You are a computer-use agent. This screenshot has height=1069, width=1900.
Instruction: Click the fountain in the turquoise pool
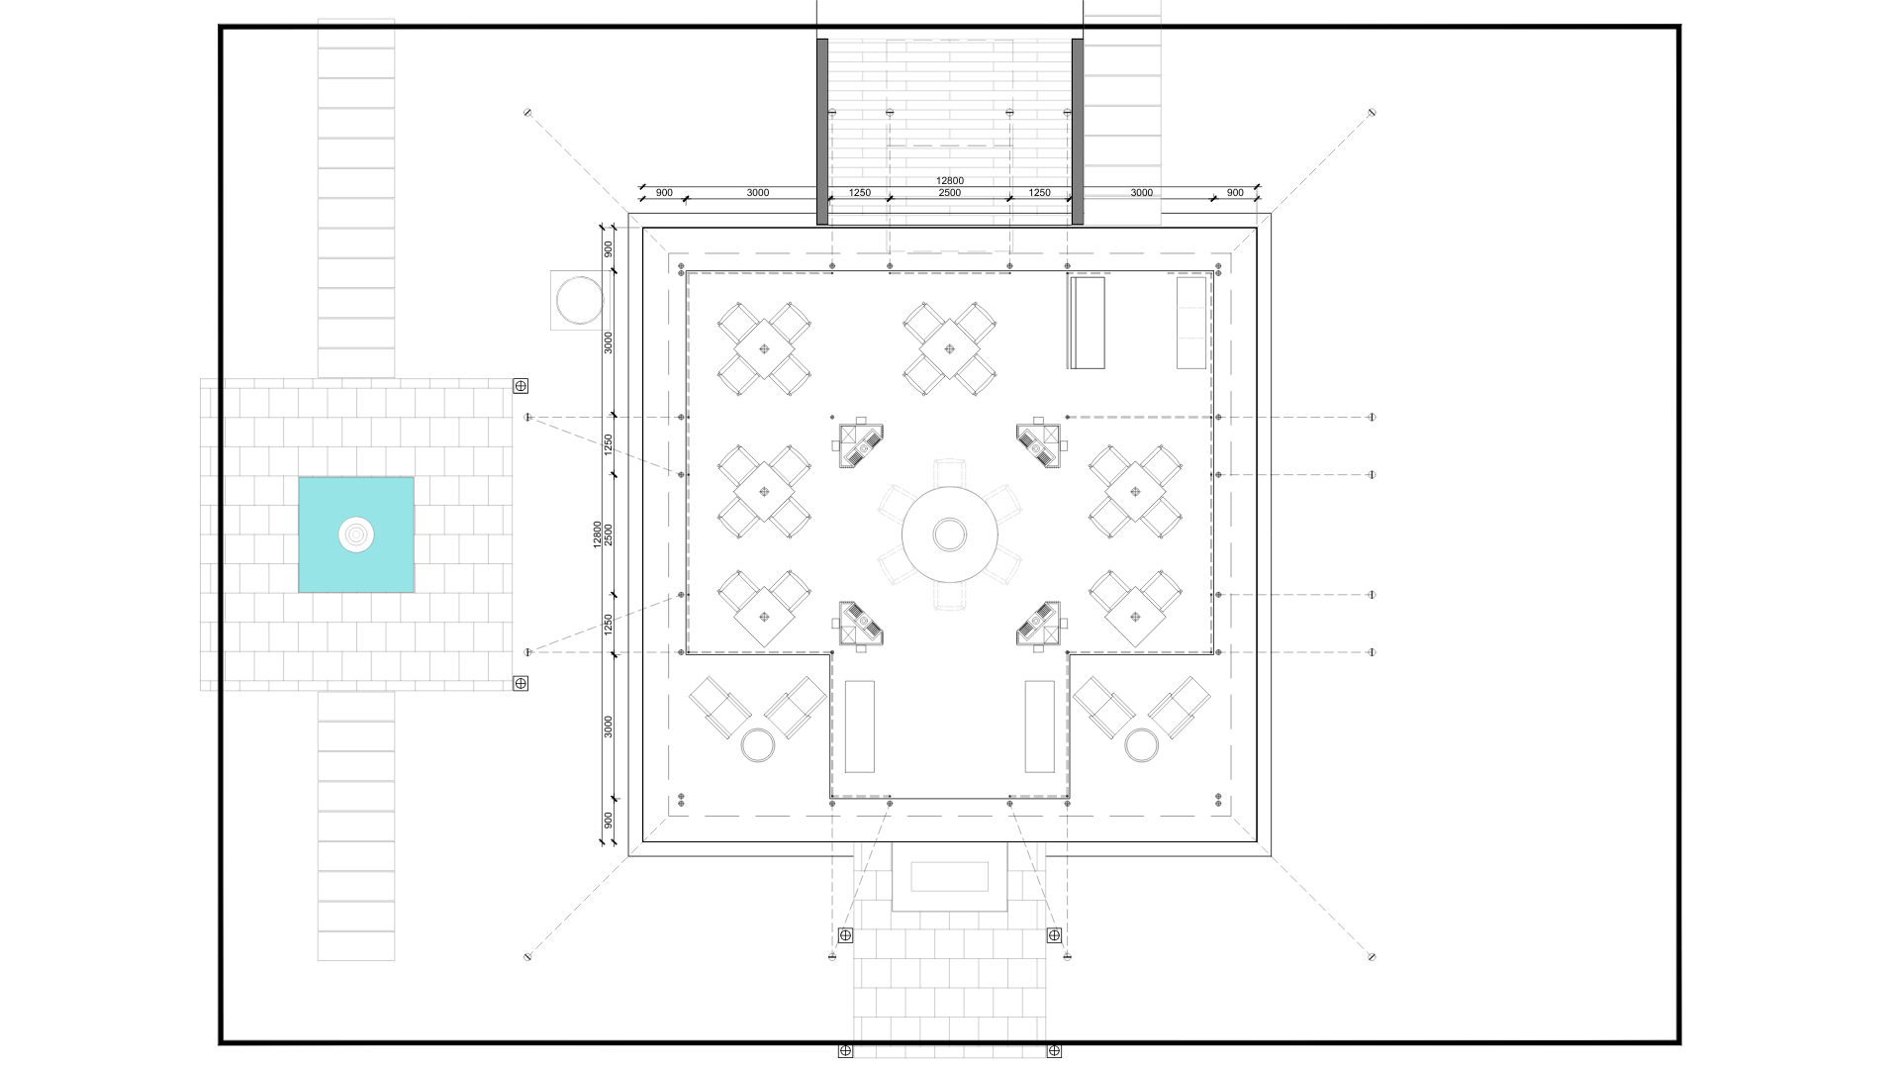[356, 534]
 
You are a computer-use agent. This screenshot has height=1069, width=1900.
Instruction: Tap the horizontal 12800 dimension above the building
[949, 181]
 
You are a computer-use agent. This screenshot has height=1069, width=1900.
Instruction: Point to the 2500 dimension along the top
[949, 193]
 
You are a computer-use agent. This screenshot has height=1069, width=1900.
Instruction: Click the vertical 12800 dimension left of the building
[597, 534]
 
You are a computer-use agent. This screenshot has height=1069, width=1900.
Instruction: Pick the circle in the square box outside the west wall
[578, 300]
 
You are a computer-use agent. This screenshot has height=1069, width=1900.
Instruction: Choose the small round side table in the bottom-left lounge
[759, 745]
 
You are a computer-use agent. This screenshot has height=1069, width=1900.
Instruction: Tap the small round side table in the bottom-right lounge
[1141, 745]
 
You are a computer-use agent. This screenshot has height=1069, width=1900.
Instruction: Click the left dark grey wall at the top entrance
[822, 132]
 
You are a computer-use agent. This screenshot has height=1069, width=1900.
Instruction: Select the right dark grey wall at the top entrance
[1078, 132]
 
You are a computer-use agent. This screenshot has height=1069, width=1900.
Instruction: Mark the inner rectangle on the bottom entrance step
[950, 876]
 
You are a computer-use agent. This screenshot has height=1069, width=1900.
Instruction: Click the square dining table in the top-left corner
[764, 348]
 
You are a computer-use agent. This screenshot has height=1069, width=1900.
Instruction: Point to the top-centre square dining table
[950, 348]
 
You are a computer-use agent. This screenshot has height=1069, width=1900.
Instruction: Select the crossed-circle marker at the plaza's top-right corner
[521, 386]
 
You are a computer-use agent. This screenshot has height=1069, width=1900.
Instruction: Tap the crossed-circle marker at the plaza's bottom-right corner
[521, 683]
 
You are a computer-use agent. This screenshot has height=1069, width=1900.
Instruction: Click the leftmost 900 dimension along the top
[664, 193]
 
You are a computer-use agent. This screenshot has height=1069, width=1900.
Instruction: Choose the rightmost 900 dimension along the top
[1235, 193]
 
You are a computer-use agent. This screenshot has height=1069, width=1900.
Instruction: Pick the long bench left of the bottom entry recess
[860, 727]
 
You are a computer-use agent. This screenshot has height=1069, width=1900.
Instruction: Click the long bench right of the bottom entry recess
[1040, 727]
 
